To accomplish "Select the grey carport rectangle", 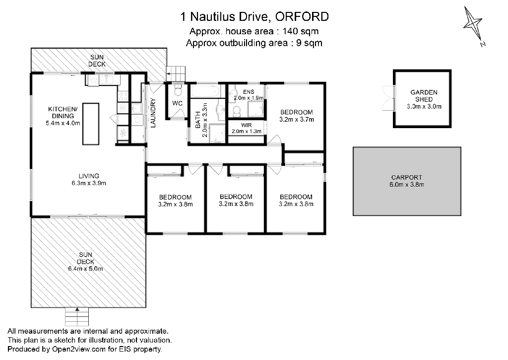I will (407, 181).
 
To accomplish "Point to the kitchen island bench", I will (90, 124).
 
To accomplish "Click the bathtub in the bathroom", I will (205, 91).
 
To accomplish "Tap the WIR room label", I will (246, 125).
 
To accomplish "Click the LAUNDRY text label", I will (153, 116).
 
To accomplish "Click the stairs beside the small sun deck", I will (176, 73).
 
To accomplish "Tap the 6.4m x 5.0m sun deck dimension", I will (85, 269).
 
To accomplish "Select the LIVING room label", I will (89, 176).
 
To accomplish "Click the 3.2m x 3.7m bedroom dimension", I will (297, 119).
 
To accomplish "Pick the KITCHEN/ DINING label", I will (63, 112).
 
